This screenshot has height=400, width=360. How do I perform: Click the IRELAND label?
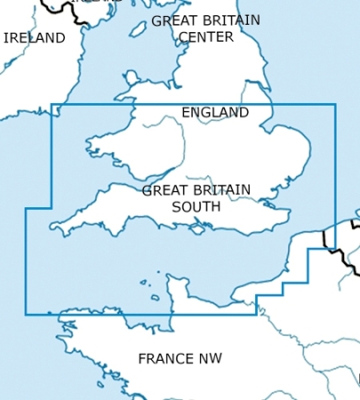[x=35, y=38]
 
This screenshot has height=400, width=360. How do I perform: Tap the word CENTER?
[x=205, y=37]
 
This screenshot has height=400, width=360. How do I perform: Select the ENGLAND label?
[x=215, y=113]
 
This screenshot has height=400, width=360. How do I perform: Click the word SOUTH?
[x=196, y=206]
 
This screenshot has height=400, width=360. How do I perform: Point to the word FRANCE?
[x=166, y=359]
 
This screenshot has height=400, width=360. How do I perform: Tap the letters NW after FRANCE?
[x=211, y=359]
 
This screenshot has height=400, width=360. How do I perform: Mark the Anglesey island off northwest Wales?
[x=124, y=91]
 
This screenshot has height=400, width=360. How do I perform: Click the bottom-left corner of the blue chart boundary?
[x=26, y=314]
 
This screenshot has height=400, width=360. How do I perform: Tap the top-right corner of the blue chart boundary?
[x=335, y=105]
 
